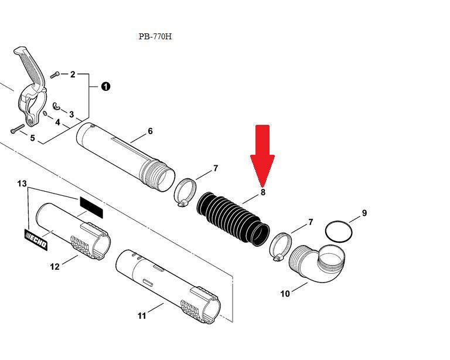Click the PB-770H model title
155,36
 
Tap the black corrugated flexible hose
233,219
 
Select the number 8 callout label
263,192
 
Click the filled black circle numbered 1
105,86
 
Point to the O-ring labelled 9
339,232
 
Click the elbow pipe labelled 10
317,263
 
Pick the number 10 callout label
285,294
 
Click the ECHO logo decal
36,240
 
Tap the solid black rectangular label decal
91,208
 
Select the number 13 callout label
22,184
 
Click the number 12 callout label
54,267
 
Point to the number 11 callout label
142,316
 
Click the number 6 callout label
150,131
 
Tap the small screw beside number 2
54,75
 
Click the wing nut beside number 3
57,106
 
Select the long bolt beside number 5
18,129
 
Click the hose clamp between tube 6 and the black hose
185,192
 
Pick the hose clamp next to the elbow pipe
281,247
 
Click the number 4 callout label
57,123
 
